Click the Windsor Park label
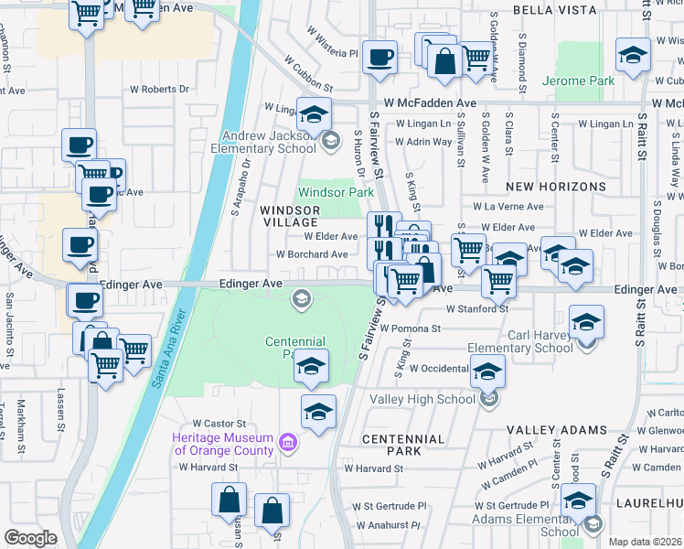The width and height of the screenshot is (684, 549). (336, 193)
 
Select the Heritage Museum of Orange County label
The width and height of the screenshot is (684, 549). (223, 444)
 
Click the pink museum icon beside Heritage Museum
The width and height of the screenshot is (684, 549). (289, 444)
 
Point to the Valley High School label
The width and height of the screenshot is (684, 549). (422, 400)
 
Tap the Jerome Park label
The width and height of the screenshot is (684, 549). (578, 81)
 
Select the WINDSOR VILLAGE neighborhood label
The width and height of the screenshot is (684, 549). (289, 216)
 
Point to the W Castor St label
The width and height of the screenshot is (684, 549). (219, 424)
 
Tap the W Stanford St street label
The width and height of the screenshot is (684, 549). (477, 309)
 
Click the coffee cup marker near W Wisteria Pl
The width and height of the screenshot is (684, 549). (379, 58)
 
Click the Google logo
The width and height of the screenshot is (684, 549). (31, 538)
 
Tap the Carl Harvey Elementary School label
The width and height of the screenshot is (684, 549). (519, 341)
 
